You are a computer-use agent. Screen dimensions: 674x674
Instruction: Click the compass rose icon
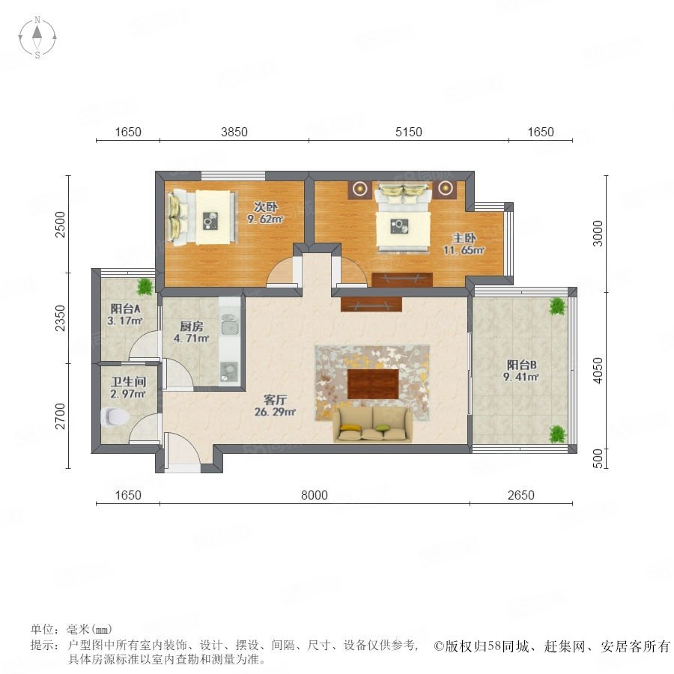pos(37,37)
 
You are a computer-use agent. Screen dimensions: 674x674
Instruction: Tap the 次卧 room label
pos(265,207)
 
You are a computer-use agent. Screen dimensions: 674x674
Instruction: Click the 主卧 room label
pos(464,237)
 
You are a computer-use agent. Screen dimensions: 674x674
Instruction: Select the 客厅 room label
pos(275,400)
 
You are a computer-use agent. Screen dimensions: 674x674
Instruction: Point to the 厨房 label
pos(192,327)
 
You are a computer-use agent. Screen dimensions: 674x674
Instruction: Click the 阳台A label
pos(125,309)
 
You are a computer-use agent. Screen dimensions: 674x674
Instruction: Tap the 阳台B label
pos(521,365)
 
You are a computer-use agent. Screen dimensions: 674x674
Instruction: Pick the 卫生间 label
pos(129,382)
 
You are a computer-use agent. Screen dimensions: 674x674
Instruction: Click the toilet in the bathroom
pos(115,416)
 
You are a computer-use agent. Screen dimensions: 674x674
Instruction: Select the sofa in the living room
pos(372,425)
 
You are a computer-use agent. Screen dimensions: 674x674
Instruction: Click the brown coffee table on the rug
pos(373,384)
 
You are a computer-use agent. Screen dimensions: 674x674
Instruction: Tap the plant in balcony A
pos(145,286)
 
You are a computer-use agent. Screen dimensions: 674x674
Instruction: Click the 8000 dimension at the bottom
pos(315,495)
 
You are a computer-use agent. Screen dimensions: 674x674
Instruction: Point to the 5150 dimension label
pos(409,132)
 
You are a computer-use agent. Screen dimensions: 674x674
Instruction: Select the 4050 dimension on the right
pos(598,370)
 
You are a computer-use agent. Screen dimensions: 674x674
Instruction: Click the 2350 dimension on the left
pos(61,318)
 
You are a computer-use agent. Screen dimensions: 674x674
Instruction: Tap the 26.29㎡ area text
pos(275,412)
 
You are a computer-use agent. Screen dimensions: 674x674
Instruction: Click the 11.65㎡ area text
pos(464,249)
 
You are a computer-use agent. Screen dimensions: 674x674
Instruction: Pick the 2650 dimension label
pos(521,495)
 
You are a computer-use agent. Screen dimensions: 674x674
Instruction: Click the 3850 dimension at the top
pos(234,132)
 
